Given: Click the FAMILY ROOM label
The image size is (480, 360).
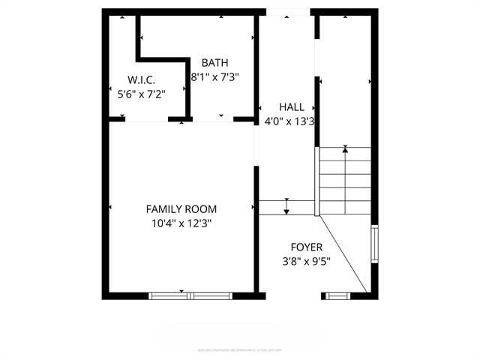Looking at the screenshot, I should (181, 209).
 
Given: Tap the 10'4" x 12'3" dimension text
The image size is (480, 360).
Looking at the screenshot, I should (181, 223).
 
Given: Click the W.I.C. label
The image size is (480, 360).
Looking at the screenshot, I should (141, 79).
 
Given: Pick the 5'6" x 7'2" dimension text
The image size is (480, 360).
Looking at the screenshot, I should (141, 94).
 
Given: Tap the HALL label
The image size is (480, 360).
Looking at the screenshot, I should (292, 107).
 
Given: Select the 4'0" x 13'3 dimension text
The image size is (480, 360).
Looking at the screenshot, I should (289, 121).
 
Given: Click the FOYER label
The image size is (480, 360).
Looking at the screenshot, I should (307, 247).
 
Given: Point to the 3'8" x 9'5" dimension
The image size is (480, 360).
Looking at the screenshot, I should (307, 262).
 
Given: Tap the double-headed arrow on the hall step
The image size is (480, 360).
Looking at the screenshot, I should (286, 206).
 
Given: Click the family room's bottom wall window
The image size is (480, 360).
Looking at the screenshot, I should (193, 295).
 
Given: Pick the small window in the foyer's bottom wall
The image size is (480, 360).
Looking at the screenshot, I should (337, 295).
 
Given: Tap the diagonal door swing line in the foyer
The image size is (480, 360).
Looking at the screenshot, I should (343, 254).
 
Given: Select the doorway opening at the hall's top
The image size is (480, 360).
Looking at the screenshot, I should (288, 12).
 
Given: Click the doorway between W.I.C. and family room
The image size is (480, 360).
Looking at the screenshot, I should (146, 119).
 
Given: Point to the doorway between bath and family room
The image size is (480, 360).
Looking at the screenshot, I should (213, 119).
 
